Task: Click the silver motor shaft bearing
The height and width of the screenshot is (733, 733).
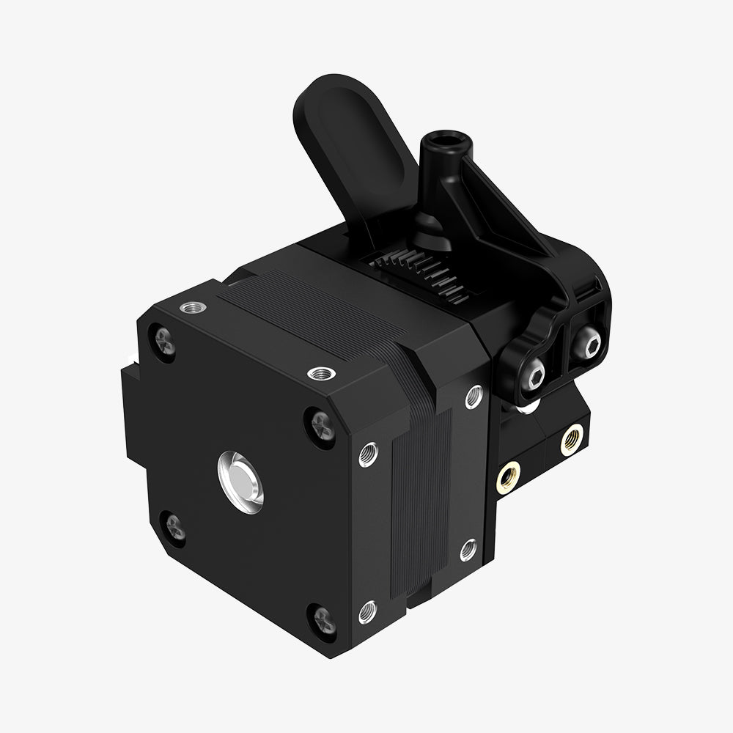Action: tap(240, 482)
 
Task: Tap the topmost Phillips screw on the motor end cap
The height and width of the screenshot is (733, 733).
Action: tap(163, 342)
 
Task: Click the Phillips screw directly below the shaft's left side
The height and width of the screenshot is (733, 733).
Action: tap(174, 526)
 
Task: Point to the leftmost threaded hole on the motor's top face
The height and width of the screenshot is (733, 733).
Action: tap(194, 306)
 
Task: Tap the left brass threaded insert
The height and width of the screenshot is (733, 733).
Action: tap(508, 477)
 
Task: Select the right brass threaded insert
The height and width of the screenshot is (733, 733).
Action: tap(572, 440)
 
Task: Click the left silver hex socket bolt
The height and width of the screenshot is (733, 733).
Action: tap(533, 375)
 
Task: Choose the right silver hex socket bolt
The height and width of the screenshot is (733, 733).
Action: tap(587, 342)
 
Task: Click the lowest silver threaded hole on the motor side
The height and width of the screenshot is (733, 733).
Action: tap(368, 610)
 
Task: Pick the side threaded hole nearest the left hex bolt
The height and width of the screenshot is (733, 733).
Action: tap(474, 397)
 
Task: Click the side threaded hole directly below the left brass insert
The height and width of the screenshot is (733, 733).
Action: tap(469, 548)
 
